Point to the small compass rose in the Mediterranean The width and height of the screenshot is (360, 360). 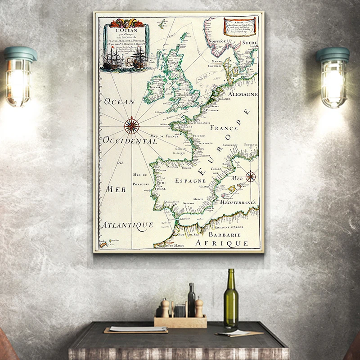pyautogui.click(x=251, y=176)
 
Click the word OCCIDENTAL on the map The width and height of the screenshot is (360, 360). pyautogui.click(x=130, y=141)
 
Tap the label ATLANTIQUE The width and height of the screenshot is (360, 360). pyautogui.click(x=126, y=224)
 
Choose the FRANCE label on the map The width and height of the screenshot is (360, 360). pyautogui.click(x=224, y=128)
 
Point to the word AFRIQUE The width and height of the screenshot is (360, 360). pyautogui.click(x=222, y=243)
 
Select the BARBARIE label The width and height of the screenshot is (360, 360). pyautogui.click(x=225, y=234)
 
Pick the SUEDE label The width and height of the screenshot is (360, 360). pyautogui.click(x=248, y=43)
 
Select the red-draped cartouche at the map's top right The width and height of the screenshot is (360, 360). pyautogui.click(x=240, y=27)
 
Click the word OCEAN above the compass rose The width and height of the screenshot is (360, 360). pyautogui.click(x=119, y=102)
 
